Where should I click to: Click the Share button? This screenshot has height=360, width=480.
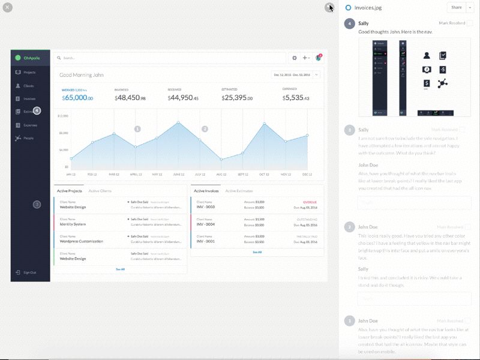point(457,7)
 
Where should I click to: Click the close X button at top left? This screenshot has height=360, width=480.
point(7,7)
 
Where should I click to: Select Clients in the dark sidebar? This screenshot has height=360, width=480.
point(28,86)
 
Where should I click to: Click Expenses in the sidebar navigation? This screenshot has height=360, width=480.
point(30,125)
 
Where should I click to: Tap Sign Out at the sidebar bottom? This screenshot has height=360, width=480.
point(29,272)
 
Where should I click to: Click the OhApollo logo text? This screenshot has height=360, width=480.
point(31,58)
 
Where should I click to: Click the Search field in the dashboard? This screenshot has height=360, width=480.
point(168,58)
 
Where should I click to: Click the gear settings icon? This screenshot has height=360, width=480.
point(294,58)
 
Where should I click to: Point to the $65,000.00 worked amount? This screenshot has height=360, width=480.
point(78,98)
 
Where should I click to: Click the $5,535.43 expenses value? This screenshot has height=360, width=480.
point(298,98)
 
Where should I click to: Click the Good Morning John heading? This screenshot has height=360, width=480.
point(82,75)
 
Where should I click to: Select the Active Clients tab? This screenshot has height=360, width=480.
point(100,191)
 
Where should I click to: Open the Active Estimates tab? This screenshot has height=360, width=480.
point(239,191)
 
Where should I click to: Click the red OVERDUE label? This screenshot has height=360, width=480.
point(310,202)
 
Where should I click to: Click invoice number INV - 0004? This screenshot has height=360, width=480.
point(206,224)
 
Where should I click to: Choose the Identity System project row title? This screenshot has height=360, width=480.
point(73,224)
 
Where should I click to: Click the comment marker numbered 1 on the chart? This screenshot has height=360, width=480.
point(137,129)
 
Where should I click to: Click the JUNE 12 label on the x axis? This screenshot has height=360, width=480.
point(178,174)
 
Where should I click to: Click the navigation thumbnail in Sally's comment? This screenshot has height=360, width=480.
point(414,77)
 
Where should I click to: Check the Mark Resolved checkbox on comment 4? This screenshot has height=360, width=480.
point(470,23)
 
